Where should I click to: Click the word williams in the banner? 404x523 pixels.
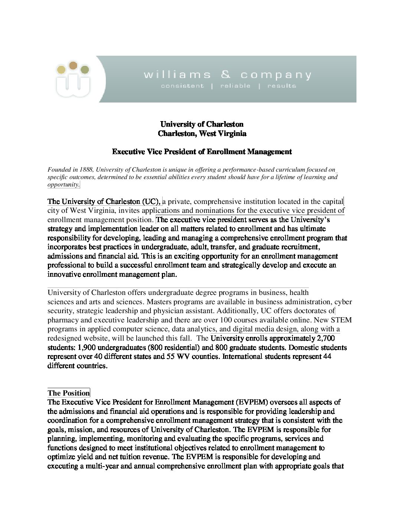point(177,75)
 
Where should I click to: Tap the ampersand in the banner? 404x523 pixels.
point(225,75)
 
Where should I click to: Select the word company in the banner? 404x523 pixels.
point(276,75)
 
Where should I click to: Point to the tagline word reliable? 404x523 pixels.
point(235,86)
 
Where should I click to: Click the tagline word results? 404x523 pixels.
point(281,86)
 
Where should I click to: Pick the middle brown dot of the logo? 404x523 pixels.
point(73,66)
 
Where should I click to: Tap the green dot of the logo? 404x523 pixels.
point(85,69)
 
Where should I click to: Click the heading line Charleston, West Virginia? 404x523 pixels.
point(202,133)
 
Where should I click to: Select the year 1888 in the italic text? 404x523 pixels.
point(86,170)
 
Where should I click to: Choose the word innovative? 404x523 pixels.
point(64,275)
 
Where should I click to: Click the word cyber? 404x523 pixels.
point(343,302)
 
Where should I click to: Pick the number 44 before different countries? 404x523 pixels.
point(327,357)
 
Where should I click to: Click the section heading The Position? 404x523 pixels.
point(69,393)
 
